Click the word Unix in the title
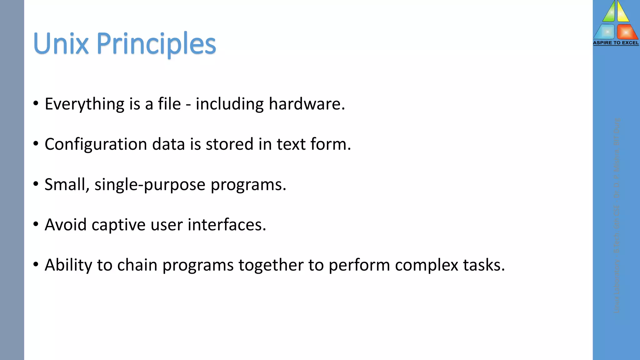61,43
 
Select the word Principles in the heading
156,44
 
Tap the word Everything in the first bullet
84,104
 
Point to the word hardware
307,104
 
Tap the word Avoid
66,225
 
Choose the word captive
118,225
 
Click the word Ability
68,265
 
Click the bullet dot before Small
36,184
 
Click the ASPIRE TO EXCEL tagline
616,43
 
